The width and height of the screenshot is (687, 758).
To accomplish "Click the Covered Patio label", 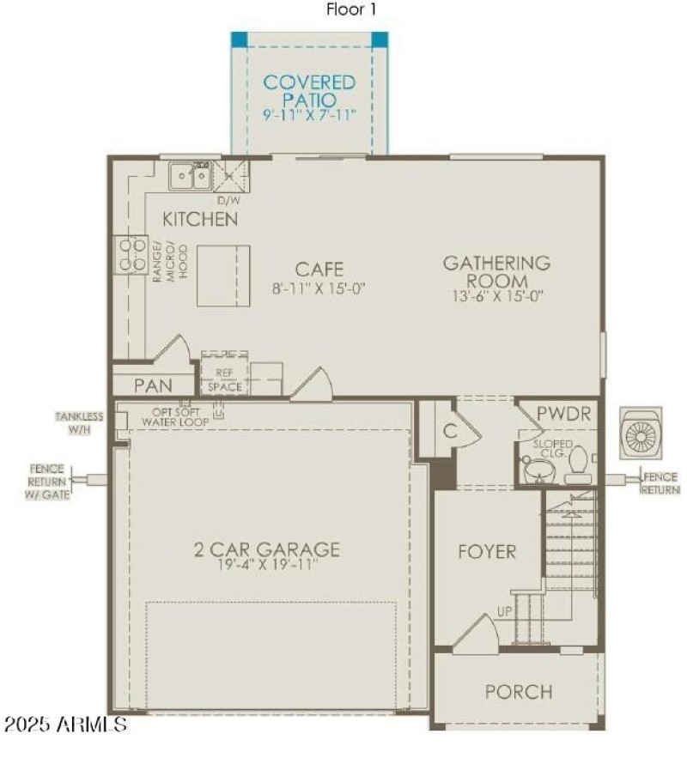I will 309,91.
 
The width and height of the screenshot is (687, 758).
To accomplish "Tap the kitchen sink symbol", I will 190,177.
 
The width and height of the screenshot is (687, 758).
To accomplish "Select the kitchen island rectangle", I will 223,276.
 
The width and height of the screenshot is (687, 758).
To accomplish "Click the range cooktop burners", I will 131,255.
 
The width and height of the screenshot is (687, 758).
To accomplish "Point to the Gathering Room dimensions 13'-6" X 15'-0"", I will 497,294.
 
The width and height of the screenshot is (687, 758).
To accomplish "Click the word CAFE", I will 319,269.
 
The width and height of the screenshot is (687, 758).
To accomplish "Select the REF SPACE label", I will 224,380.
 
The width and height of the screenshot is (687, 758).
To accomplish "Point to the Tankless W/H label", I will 80,422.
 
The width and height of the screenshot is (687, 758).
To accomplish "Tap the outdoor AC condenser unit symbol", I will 641,434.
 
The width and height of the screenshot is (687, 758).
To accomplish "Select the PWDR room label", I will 563,415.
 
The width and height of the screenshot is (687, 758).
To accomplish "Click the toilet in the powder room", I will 577,462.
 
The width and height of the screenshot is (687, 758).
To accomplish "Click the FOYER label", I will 486,551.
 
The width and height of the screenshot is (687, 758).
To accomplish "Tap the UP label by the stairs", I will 506,612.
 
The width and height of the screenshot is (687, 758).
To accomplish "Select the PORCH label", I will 518,691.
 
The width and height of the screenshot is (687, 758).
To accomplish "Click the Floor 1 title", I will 350,9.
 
